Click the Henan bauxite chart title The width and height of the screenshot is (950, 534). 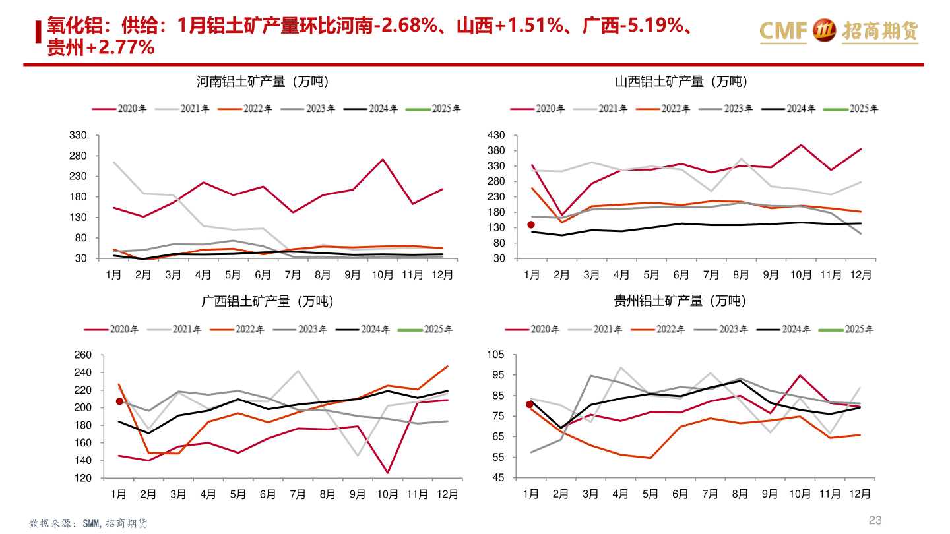click(x=263, y=82)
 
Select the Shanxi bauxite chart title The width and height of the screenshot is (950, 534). click(x=681, y=82)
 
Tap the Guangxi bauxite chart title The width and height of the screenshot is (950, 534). click(x=267, y=301)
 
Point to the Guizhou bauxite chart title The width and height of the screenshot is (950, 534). click(x=680, y=301)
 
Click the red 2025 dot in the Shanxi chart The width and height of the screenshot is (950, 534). click(x=531, y=225)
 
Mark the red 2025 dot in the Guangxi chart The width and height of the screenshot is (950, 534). click(x=119, y=401)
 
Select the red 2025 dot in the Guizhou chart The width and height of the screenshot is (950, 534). click(x=529, y=404)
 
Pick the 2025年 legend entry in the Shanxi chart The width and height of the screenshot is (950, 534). click(x=850, y=109)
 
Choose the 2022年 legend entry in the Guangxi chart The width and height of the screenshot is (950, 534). click(x=236, y=328)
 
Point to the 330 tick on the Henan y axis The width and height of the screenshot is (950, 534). click(x=79, y=135)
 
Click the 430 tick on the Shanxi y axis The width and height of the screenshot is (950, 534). click(x=495, y=135)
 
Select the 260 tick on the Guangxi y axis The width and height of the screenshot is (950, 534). click(x=82, y=355)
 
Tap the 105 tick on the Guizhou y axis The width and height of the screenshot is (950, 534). click(x=495, y=355)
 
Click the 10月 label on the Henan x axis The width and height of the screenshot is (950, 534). click(x=383, y=274)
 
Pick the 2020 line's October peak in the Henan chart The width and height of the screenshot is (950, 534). click(x=383, y=160)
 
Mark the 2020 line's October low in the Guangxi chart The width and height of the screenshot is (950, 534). click(x=387, y=473)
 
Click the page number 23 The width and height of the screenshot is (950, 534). click(x=875, y=520)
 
